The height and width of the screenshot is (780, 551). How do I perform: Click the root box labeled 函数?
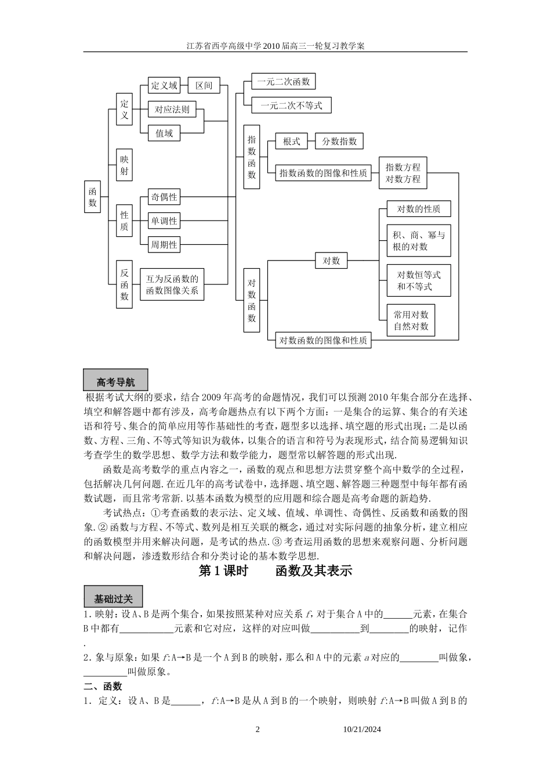click(92, 197)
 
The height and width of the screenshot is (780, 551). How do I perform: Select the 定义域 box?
click(164, 86)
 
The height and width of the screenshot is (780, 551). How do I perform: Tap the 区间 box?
click(204, 86)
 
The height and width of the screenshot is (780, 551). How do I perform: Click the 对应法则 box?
click(172, 109)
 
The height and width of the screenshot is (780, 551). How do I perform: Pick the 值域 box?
click(164, 133)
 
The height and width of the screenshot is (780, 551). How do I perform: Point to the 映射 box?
click(124, 165)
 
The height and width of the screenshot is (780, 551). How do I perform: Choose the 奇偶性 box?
click(164, 197)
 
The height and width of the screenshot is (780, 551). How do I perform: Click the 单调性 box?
click(164, 221)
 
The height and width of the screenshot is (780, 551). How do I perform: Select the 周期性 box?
click(164, 245)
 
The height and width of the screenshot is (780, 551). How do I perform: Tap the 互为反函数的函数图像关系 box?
click(172, 284)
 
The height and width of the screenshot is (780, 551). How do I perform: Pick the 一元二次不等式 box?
click(291, 106)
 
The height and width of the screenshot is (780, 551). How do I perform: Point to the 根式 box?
click(291, 141)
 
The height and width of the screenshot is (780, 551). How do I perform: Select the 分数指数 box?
click(339, 141)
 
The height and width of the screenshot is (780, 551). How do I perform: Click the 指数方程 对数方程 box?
click(403, 173)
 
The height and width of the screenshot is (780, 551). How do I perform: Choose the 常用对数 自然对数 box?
click(411, 320)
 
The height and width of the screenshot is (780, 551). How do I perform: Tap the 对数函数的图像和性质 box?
click(323, 341)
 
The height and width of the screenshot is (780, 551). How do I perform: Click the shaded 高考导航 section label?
click(116, 381)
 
